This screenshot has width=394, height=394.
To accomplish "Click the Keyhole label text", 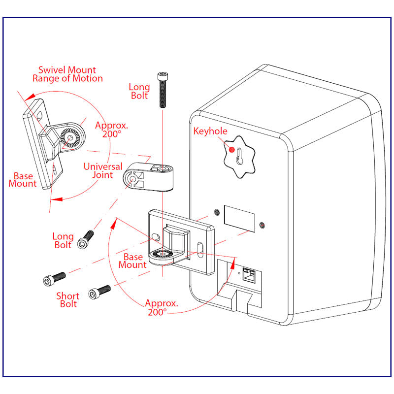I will click(211, 131).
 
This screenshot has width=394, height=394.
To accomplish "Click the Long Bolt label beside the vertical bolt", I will click(139, 92).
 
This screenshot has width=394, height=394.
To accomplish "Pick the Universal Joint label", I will click(102, 170).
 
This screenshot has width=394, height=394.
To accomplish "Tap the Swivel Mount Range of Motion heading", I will click(67, 74).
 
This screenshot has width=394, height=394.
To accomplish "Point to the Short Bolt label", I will click(67, 300).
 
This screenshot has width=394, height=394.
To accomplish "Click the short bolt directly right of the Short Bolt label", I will click(99, 292).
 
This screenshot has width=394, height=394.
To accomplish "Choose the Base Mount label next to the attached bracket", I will click(132, 261).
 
